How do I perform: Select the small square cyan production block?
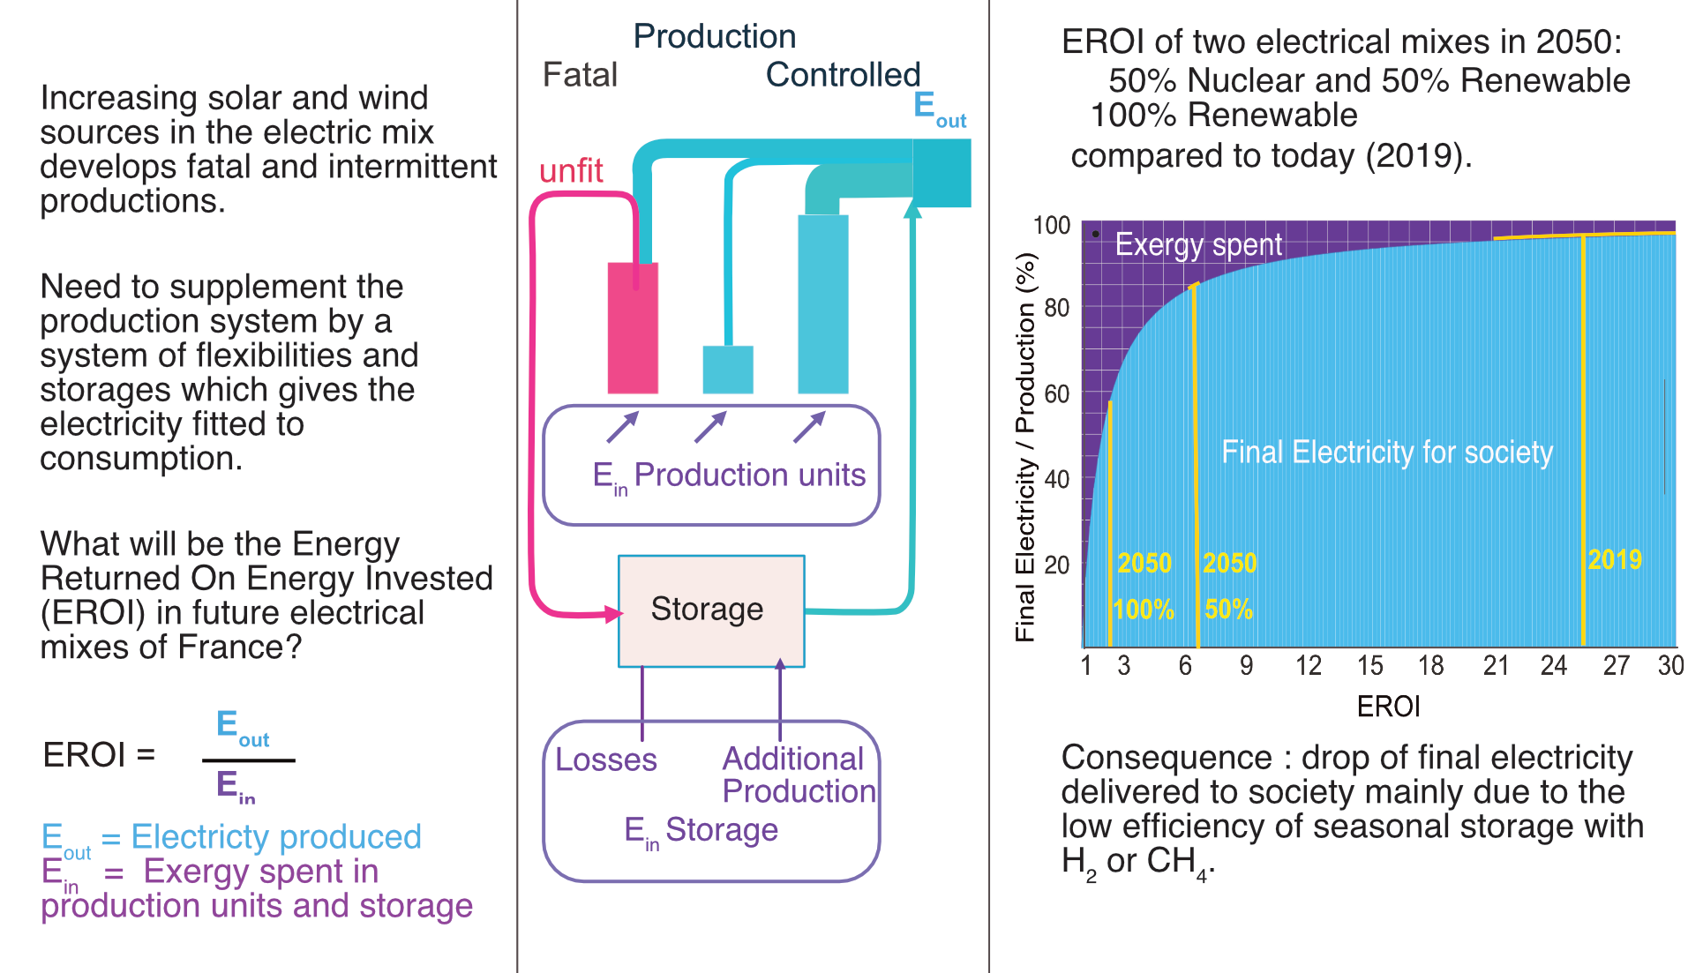pyautogui.click(x=728, y=369)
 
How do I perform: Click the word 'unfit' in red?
pyautogui.click(x=571, y=171)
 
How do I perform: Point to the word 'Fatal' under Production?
pyautogui.click(x=580, y=75)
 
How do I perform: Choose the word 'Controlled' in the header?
pyautogui.click(x=843, y=75)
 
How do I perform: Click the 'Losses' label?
pyautogui.click(x=605, y=760)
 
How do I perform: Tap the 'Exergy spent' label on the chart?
pyautogui.click(x=1197, y=244)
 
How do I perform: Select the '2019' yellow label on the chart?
pyautogui.click(x=1614, y=559)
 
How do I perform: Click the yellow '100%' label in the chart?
pyautogui.click(x=1144, y=609)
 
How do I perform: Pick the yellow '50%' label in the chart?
pyautogui.click(x=1228, y=609)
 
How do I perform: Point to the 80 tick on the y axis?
pyautogui.click(x=1056, y=308)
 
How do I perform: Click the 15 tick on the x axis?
pyautogui.click(x=1369, y=666)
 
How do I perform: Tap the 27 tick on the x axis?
pyautogui.click(x=1616, y=666)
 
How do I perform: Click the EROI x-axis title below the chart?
pyautogui.click(x=1388, y=707)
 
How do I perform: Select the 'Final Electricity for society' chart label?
pyautogui.click(x=1386, y=452)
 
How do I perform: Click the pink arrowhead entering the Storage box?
pyautogui.click(x=613, y=614)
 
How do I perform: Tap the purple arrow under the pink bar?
pyautogui.click(x=622, y=427)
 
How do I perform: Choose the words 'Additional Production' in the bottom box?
pyautogui.click(x=798, y=775)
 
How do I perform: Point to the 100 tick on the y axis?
pyautogui.click(x=1052, y=226)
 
